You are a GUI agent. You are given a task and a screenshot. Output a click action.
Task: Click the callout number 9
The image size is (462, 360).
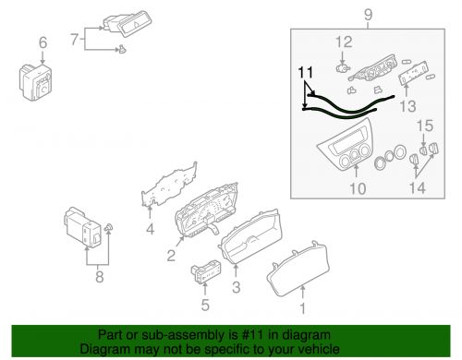click(x=368, y=15)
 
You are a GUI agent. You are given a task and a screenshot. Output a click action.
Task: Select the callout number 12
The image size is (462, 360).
click(x=344, y=41)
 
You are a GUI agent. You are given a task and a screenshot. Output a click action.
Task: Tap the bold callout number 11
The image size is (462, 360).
click(x=305, y=71)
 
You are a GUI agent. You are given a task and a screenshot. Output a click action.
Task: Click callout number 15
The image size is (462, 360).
click(x=426, y=126)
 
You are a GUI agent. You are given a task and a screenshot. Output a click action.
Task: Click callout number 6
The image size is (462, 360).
click(x=41, y=42)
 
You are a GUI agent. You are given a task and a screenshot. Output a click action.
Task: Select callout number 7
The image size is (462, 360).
click(x=77, y=40)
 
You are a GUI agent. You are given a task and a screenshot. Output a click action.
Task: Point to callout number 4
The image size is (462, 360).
click(x=151, y=230)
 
